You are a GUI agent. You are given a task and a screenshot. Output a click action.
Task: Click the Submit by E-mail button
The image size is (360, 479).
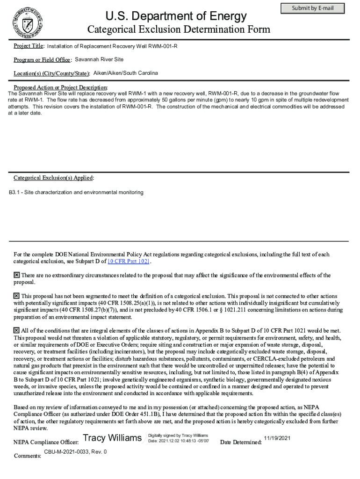[x=312, y=8]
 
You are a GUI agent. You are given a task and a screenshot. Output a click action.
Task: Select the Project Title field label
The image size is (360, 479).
[x=29, y=46]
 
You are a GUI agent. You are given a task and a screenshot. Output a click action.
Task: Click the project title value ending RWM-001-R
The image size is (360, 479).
[x=112, y=46]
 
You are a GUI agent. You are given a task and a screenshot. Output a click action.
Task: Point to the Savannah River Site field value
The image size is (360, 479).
[x=99, y=60]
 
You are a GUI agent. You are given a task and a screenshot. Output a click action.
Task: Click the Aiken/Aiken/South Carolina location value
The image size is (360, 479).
[x=126, y=73]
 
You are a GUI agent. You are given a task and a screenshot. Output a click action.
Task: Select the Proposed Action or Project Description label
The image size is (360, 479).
[x=61, y=88]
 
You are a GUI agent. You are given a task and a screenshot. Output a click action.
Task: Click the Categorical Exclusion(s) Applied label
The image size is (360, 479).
[x=54, y=178]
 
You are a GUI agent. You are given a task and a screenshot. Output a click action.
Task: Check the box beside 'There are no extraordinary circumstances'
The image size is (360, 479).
[x=17, y=276]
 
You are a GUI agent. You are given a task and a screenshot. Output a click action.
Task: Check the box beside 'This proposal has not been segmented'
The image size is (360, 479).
[x=17, y=296]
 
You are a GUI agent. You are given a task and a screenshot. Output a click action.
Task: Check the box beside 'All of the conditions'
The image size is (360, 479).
[x=17, y=331]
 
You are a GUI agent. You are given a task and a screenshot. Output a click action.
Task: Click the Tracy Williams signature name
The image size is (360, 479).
[x=112, y=438]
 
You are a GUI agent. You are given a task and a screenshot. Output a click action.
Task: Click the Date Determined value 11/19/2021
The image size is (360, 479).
[x=277, y=438]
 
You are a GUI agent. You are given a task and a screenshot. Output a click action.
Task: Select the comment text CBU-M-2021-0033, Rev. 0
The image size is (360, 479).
[x=75, y=452]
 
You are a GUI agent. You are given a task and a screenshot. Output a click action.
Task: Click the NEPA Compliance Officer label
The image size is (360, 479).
[x=46, y=442]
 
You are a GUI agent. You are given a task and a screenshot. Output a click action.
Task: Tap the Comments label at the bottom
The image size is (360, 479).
[x=28, y=456]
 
